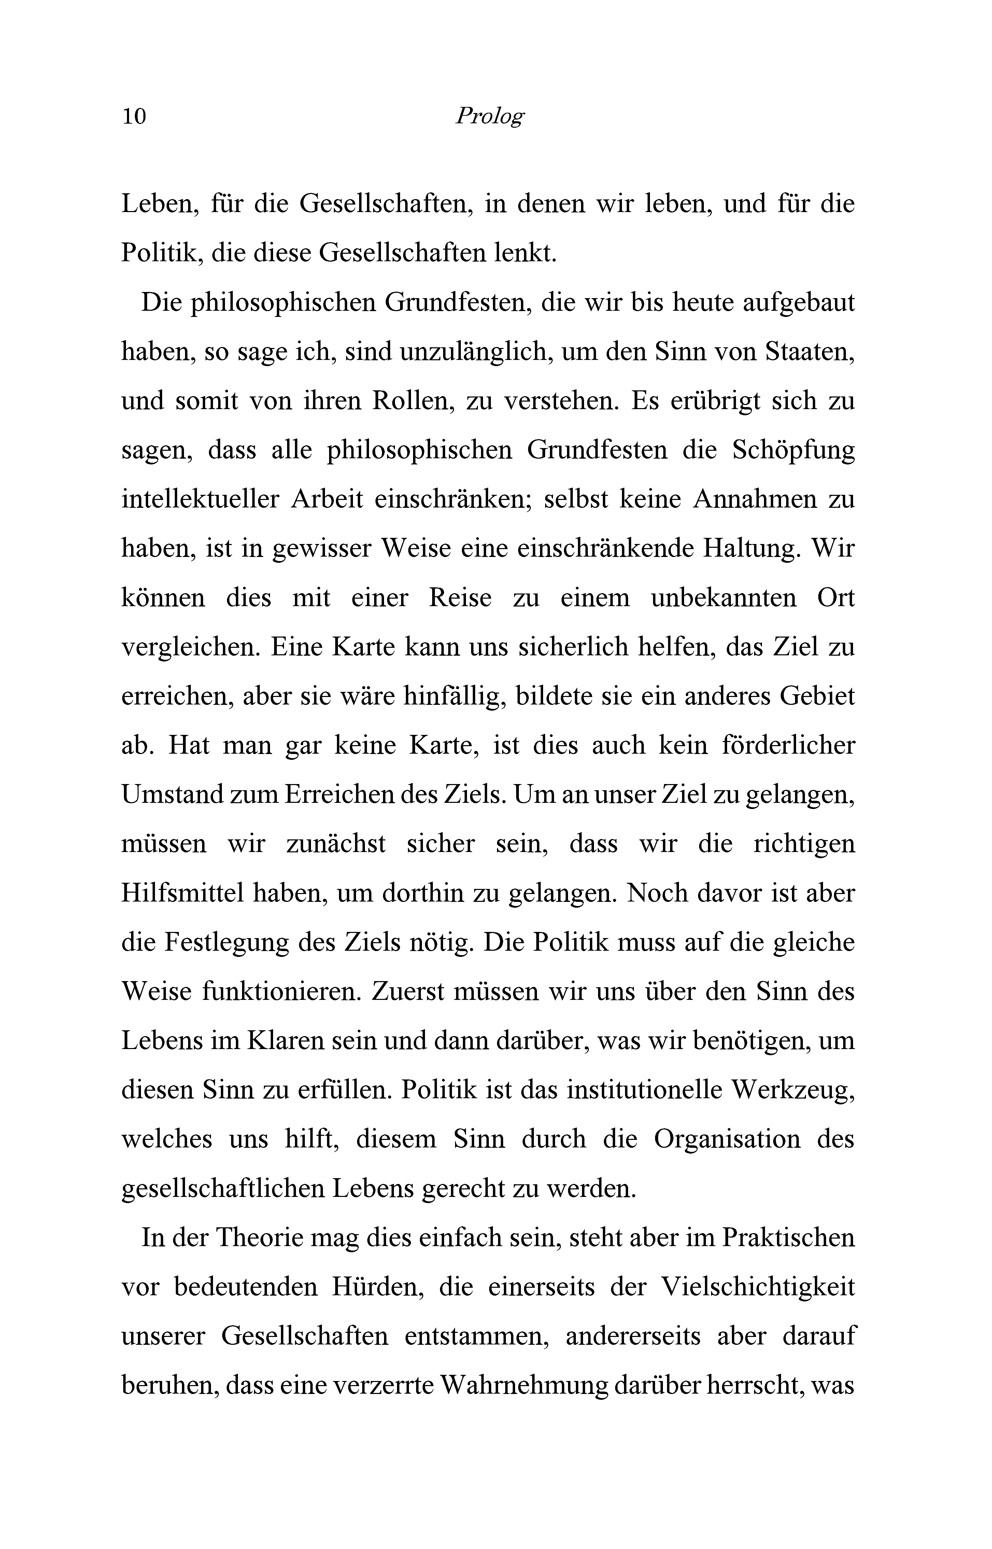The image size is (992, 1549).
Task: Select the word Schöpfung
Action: (x=794, y=450)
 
